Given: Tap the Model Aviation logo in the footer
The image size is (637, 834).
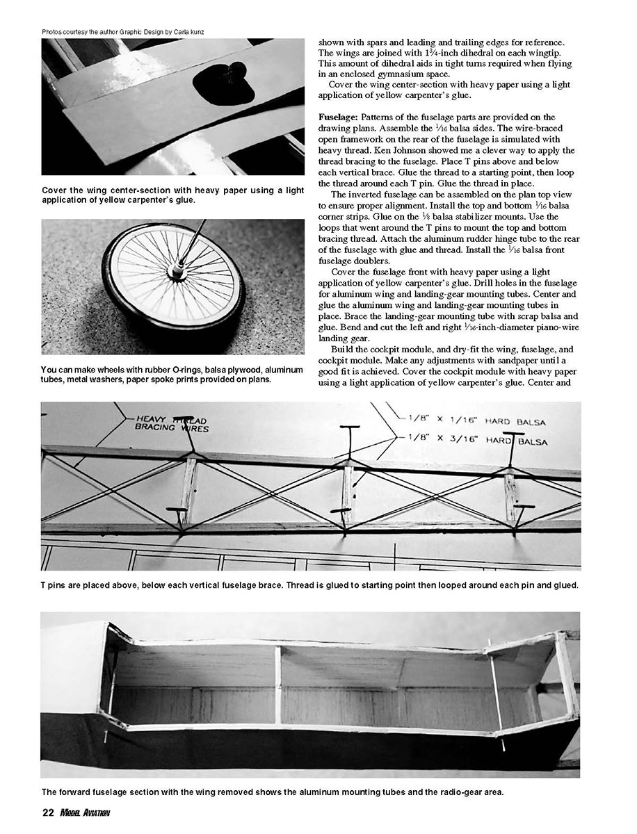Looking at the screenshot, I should click(85, 812).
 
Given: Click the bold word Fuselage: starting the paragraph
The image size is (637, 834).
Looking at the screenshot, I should click(339, 117).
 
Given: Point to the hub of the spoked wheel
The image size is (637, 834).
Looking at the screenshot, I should click(177, 270).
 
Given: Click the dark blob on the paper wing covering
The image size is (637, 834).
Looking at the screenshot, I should click(223, 84).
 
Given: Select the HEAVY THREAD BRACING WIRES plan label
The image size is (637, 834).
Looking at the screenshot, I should click(171, 423).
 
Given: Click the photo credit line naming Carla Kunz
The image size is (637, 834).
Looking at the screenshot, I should click(129, 32).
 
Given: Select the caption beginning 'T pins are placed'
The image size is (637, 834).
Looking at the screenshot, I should click(309, 586).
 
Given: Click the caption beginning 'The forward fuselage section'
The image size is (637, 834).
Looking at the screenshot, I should click(271, 792).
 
